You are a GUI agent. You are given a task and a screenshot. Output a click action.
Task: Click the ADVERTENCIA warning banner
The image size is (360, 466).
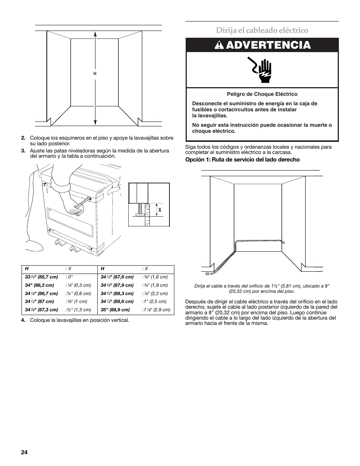pyautogui.click(x=262, y=45)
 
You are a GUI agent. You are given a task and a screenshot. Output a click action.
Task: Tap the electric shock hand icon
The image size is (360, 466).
pyautogui.click(x=261, y=69)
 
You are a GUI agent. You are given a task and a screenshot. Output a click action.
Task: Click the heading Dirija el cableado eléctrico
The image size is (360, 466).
pyautogui.click(x=262, y=30)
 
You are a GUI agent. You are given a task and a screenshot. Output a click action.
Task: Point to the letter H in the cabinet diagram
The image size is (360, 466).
pyautogui.click(x=95, y=74)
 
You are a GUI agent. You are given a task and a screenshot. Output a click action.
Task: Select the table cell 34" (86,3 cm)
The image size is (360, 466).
pyautogui.click(x=40, y=285)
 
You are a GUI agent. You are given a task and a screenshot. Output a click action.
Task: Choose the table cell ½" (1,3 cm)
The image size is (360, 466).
pyautogui.click(x=78, y=309)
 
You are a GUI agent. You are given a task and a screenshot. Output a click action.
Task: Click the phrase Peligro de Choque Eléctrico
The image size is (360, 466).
pyautogui.click(x=262, y=94)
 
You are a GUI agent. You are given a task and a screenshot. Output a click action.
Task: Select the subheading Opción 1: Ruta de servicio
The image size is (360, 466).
pyautogui.click(x=242, y=160)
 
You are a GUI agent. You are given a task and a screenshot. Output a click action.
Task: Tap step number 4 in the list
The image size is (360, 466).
pyautogui.click(x=23, y=320)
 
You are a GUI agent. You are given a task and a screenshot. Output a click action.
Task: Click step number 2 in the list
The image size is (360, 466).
pyautogui.click(x=23, y=138)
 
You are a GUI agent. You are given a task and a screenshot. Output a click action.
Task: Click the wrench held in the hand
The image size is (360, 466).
pyautogui.click(x=83, y=203)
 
